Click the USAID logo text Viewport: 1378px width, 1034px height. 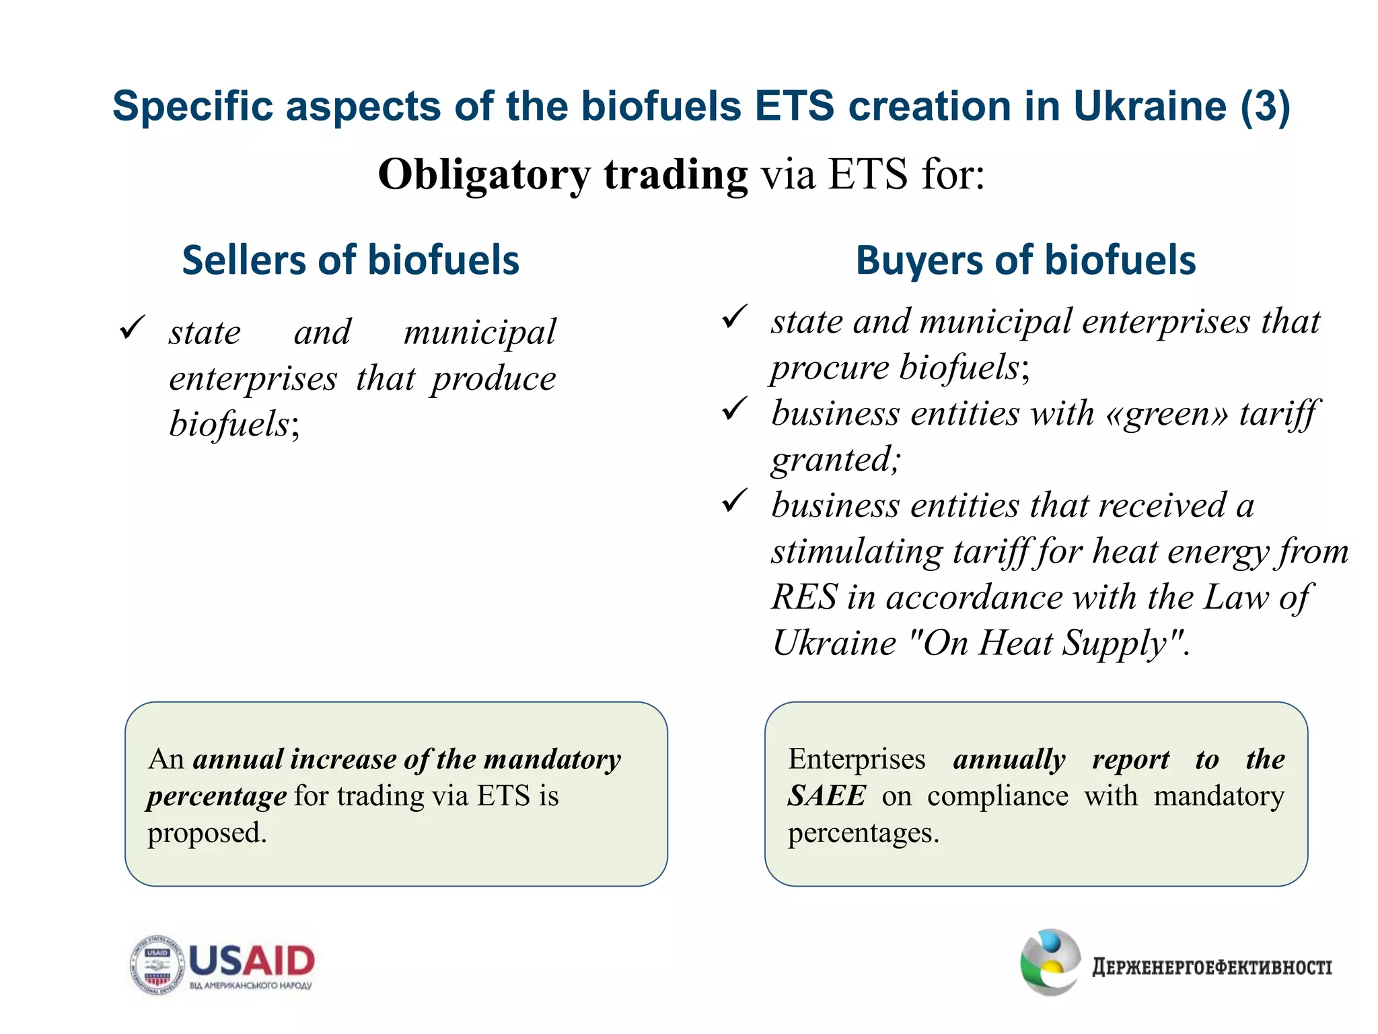(252, 961)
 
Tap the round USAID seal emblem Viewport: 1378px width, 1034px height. (157, 965)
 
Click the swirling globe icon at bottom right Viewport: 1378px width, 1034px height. (1050, 962)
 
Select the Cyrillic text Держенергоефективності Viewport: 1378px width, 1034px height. (1212, 967)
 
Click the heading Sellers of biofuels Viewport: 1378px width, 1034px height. (351, 261)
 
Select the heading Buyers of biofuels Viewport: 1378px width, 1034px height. (1025, 261)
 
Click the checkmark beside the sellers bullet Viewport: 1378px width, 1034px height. (131, 328)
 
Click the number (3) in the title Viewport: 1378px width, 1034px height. (1265, 106)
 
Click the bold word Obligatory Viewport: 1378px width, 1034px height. (484, 175)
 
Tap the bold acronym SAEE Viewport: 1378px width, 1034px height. (826, 796)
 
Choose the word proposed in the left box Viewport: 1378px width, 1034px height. (207, 833)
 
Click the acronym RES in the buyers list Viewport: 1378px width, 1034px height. (804, 597)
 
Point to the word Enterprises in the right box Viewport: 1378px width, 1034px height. (857, 759)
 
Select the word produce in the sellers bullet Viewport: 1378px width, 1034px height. (494, 379)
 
